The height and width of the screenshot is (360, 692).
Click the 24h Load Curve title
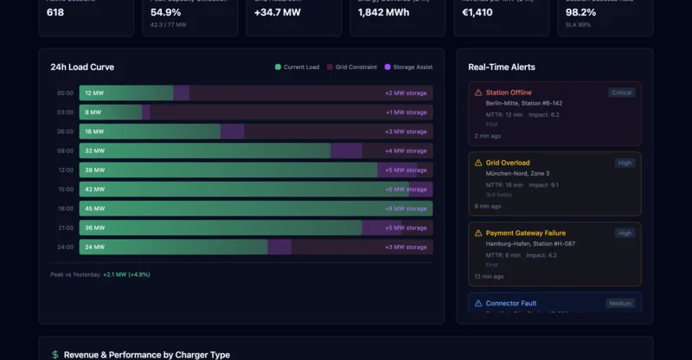pos(82,67)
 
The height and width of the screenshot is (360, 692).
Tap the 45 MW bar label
pos(94,209)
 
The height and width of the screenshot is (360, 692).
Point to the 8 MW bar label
pos(93,112)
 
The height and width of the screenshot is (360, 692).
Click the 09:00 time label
pos(66,151)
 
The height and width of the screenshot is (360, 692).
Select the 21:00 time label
pos(66,228)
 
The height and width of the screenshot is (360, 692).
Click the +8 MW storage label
pos(406,209)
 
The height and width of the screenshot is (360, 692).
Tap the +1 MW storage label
pos(406,112)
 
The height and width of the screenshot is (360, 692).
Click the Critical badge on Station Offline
pos(621,93)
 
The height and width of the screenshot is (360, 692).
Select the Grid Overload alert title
pos(508,163)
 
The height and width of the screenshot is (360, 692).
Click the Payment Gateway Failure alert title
pos(525,233)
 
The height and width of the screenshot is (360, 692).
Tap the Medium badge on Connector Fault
pos(619,304)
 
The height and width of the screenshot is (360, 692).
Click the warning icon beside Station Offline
pos(478,93)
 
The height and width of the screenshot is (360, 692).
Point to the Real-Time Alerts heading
pos(501,67)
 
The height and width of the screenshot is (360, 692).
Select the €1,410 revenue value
pos(478,13)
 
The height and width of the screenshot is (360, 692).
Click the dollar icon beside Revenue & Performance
pos(55,355)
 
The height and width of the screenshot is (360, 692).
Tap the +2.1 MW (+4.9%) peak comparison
pos(126,274)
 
